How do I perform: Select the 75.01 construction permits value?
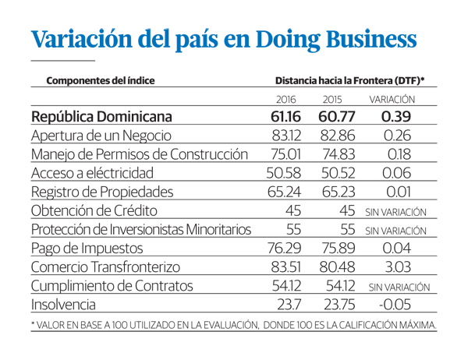pos(285,154)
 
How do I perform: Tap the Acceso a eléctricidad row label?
pos(97,173)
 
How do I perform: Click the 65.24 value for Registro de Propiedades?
pos(285,192)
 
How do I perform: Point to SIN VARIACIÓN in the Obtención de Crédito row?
pos(396,211)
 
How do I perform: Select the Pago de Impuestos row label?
pos(87,249)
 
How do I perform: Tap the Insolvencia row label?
pos(65,305)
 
